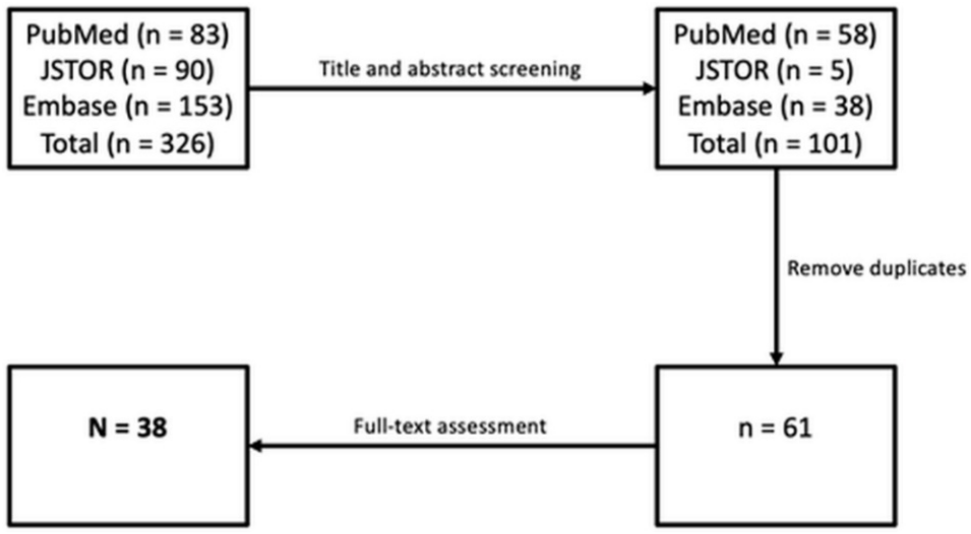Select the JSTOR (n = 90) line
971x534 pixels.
[x=127, y=71]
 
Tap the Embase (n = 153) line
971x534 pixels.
[x=127, y=107]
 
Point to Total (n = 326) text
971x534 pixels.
[x=127, y=144]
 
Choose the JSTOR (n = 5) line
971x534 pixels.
[x=775, y=71]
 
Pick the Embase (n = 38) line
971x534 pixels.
[x=775, y=107]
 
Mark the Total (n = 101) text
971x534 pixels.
[x=775, y=144]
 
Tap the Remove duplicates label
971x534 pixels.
[x=877, y=269]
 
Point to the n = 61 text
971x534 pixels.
[x=775, y=428]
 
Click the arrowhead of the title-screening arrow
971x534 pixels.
[x=649, y=89]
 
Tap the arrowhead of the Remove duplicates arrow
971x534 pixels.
[x=776, y=358]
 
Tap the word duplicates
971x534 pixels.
[x=918, y=269]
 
